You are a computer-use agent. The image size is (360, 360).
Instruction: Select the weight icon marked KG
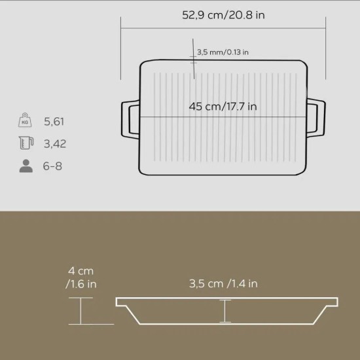(26, 122)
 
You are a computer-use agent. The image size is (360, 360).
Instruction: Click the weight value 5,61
(54, 122)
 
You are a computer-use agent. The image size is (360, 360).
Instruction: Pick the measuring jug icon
(26, 143)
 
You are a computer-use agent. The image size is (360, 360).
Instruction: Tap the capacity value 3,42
(55, 143)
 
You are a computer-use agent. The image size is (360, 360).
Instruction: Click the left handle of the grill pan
(130, 118)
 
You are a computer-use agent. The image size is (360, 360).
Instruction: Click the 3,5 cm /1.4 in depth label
(224, 283)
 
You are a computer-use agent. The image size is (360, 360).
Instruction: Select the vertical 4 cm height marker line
(80, 310)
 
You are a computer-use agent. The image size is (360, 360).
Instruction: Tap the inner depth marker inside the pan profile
(225, 311)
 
